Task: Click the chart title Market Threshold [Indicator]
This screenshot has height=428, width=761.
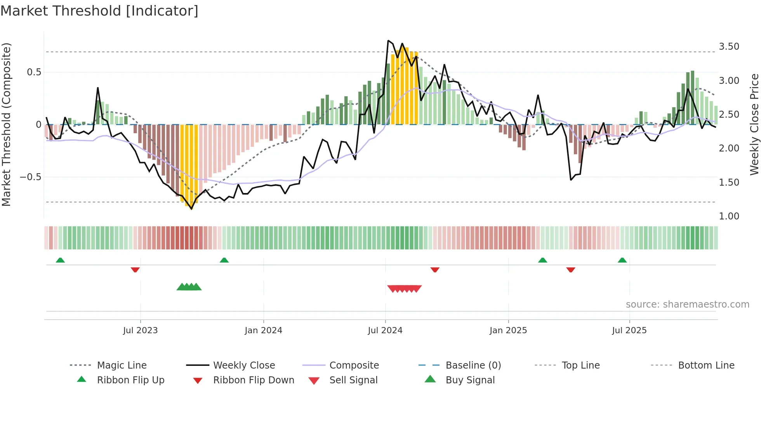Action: [x=99, y=11]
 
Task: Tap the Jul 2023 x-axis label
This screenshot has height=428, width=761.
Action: [x=140, y=331]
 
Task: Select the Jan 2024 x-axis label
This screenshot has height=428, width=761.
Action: [x=263, y=331]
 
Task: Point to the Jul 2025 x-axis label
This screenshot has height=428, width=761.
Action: [x=629, y=331]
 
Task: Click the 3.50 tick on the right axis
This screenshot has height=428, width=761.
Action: [x=729, y=47]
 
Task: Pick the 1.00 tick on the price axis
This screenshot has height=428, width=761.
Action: [x=729, y=216]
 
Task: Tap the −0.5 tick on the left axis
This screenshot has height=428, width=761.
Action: [x=30, y=177]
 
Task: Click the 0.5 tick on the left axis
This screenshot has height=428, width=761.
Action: [x=34, y=72]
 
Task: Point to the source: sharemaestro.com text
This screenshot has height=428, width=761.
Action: [x=687, y=304]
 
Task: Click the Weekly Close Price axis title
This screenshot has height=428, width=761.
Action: [x=754, y=124]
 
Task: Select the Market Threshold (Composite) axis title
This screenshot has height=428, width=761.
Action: [x=6, y=124]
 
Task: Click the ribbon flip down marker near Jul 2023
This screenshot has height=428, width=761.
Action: [x=135, y=270]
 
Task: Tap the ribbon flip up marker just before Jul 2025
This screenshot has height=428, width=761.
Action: [x=622, y=260]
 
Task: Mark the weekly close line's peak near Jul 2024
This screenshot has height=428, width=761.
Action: [x=388, y=40]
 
